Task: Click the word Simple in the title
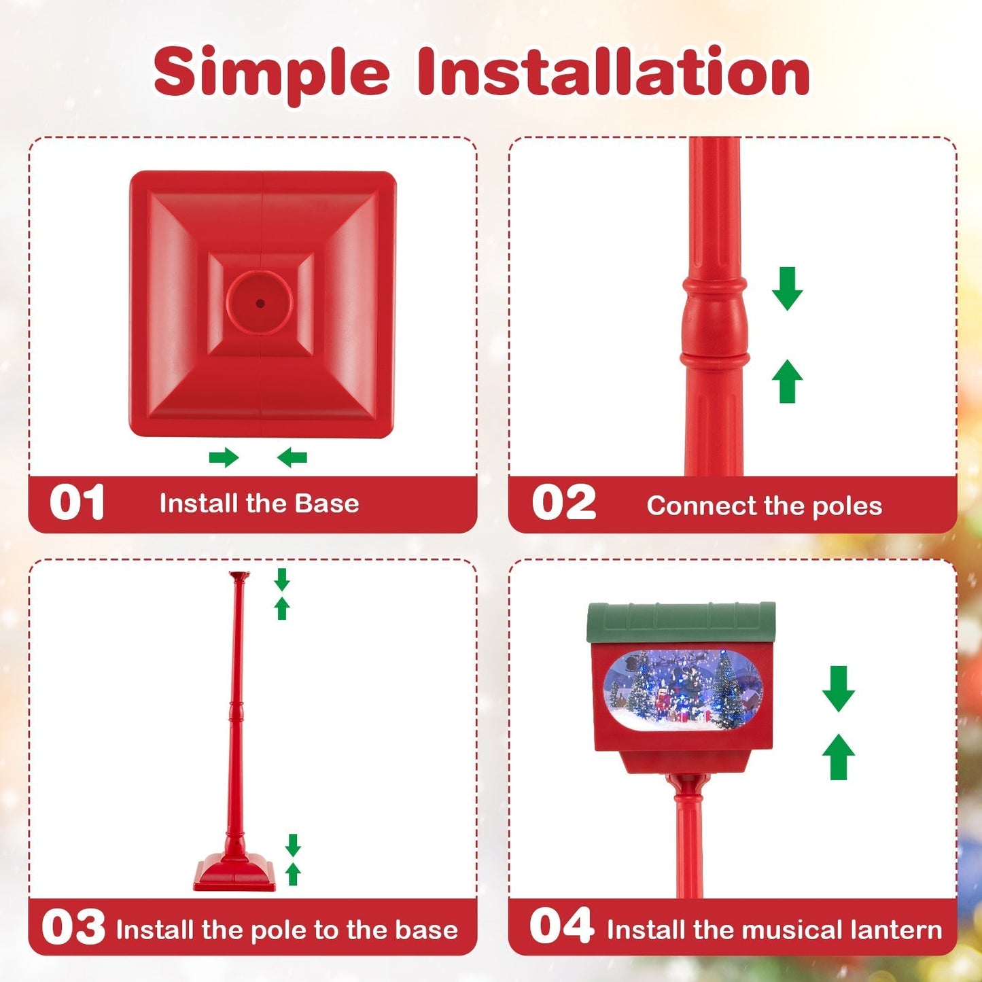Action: click(271, 73)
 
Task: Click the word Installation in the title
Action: click(613, 71)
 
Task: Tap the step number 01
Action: click(77, 503)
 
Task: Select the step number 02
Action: click(563, 504)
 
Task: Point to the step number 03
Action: click(73, 928)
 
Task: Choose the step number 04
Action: click(561, 926)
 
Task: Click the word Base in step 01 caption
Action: click(327, 504)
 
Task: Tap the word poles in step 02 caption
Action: click(847, 506)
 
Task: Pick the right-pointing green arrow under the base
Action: click(224, 457)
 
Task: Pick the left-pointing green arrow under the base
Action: click(292, 457)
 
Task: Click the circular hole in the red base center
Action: click(260, 302)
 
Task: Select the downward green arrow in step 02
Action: click(787, 288)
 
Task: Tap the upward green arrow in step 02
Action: click(787, 381)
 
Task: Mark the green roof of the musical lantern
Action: click(681, 621)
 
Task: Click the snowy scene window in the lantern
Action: click(682, 689)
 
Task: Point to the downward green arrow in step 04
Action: click(839, 688)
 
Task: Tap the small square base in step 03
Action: click(235, 874)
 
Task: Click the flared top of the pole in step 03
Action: click(239, 577)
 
